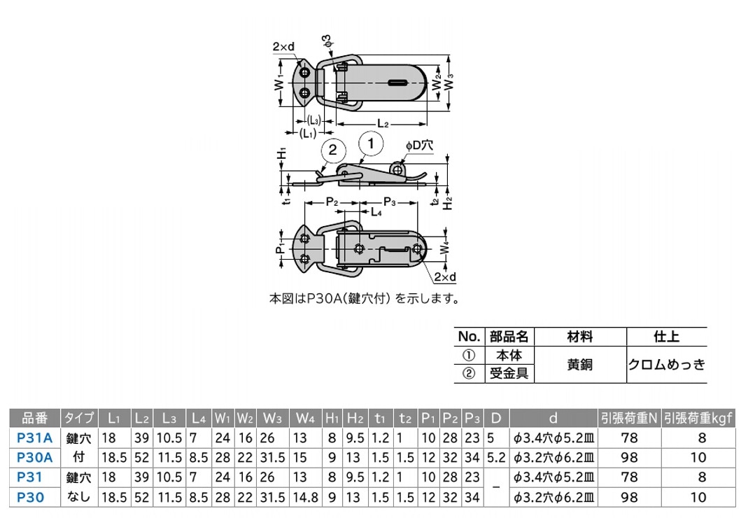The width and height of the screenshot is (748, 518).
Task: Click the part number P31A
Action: [x=34, y=437]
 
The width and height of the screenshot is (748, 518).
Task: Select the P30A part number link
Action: [x=34, y=457]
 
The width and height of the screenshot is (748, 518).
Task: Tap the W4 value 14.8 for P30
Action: [x=305, y=497]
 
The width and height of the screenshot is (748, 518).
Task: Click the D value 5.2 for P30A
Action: [x=496, y=457]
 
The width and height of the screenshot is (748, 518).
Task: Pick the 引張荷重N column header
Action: [x=629, y=418]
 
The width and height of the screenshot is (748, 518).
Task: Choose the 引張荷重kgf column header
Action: [x=698, y=418]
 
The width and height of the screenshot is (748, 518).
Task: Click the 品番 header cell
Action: [x=34, y=418]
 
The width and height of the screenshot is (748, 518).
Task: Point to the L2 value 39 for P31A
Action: [x=141, y=437]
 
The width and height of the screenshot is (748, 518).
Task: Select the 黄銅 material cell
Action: [x=579, y=364]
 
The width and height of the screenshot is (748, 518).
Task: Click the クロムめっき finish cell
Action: [x=666, y=364]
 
